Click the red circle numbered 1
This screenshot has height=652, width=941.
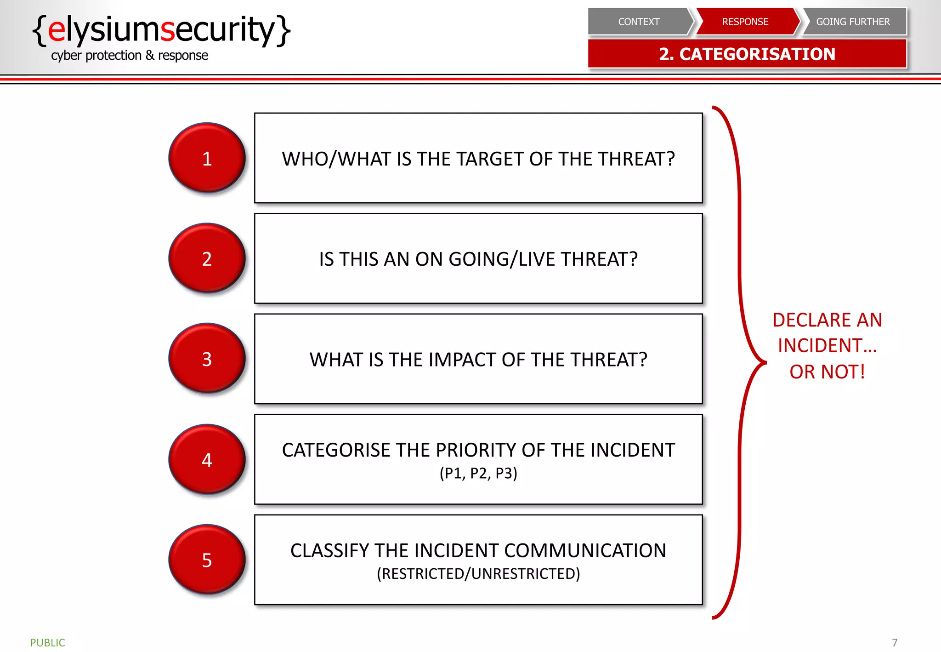[x=207, y=158]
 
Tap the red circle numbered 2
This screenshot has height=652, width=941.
[x=207, y=258]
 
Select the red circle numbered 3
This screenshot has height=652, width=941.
[x=207, y=358]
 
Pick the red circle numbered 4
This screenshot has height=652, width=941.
[x=207, y=459]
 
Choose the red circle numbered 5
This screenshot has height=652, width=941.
[x=207, y=560]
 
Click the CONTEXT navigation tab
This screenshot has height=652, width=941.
[x=638, y=22]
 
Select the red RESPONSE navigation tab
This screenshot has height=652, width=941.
[x=745, y=22]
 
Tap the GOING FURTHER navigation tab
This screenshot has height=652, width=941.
[x=853, y=22]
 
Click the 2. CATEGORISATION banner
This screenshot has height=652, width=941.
[x=747, y=54]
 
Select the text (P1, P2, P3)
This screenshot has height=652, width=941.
[x=478, y=473]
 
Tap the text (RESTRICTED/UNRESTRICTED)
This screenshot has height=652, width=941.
[x=478, y=574]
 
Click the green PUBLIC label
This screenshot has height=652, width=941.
[x=47, y=642]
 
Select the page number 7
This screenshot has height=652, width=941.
[x=894, y=642]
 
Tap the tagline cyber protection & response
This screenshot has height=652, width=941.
[x=130, y=56]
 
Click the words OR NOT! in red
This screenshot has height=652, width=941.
[x=827, y=372]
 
